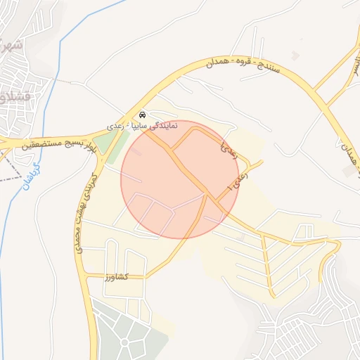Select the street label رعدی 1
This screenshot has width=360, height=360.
click(239, 179)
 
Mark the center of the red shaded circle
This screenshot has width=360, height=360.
click(180, 179)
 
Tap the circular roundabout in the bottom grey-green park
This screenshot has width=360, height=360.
click(126, 342)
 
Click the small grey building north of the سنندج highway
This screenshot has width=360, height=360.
click(295, 55)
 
